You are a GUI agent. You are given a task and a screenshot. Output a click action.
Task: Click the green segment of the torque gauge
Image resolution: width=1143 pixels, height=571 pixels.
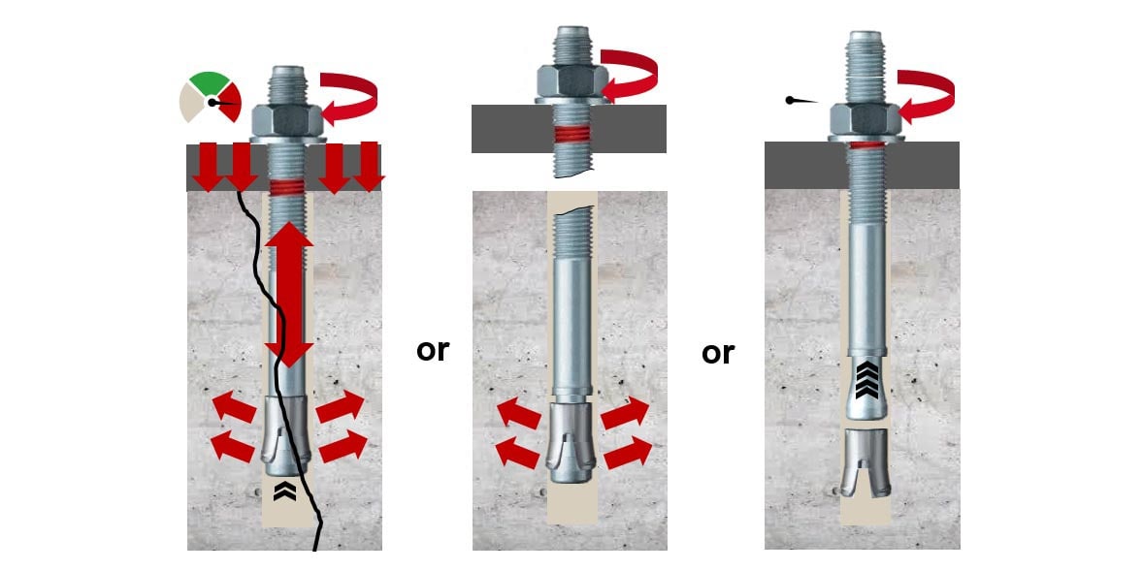coord(210,82)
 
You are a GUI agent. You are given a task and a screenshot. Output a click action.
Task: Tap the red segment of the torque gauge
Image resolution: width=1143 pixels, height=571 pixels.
coord(230,102)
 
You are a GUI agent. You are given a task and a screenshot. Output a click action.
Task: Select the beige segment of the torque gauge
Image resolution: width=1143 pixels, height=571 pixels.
coord(192,104)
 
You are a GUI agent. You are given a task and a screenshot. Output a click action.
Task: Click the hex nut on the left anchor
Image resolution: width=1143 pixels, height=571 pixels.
coord(287,120)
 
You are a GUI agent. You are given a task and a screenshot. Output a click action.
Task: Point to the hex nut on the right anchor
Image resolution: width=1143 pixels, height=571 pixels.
coord(865,118)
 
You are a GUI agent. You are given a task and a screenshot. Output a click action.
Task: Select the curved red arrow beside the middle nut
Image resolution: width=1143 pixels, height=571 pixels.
coord(629,76)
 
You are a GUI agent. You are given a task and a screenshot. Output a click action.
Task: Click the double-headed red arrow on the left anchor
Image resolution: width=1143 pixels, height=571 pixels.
coord(289,295)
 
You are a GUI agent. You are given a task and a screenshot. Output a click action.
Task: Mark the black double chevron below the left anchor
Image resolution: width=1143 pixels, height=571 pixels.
coord(284,492)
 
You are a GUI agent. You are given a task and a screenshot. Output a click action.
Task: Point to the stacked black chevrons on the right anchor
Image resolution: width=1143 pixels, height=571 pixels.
coord(866,381)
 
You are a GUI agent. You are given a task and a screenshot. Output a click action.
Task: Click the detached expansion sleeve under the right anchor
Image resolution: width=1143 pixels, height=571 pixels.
coord(866,462)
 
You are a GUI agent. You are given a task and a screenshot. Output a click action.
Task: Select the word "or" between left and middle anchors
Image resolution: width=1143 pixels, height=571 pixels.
coord(433,351)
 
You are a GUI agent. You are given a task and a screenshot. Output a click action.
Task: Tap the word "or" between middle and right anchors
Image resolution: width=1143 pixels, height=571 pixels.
coord(718,353)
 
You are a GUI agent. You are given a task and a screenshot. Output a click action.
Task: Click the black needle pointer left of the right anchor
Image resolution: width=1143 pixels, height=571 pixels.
coord(801,101)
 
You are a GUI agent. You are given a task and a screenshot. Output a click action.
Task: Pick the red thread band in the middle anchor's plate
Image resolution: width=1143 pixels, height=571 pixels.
coord(572,135)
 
